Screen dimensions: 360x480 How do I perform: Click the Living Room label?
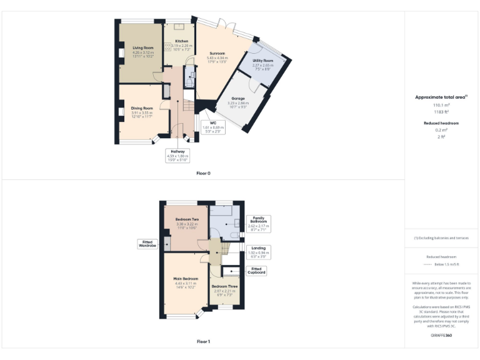click(143, 47)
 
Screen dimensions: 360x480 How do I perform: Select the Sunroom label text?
click(216, 54)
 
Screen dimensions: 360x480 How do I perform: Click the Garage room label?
click(238, 99)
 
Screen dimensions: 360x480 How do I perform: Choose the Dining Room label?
click(142, 108)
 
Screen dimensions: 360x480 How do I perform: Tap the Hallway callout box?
click(177, 156)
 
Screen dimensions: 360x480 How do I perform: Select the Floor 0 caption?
click(203, 172)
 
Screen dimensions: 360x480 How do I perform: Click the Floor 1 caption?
click(203, 342)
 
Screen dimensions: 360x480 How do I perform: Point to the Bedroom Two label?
click(187, 219)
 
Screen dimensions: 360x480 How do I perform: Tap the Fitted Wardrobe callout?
click(147, 244)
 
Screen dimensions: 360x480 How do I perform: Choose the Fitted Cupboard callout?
click(257, 271)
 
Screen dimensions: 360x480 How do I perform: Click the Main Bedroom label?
click(186, 278)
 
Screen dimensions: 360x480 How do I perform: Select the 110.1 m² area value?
click(441, 106)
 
